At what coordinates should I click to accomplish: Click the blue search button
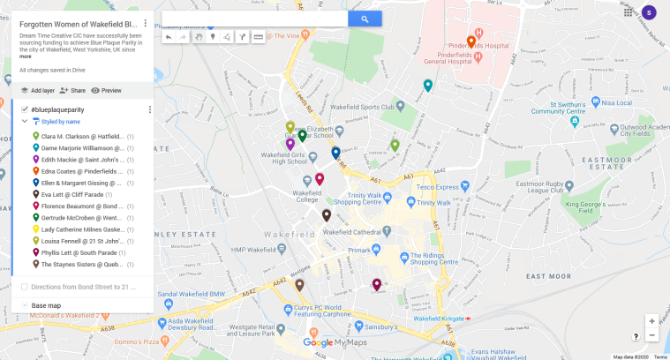365,19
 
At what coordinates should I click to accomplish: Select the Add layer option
38,90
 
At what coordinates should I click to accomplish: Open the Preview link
107,90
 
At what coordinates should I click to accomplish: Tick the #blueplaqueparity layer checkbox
25,109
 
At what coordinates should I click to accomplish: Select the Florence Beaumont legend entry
81,206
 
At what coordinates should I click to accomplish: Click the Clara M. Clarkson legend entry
81,137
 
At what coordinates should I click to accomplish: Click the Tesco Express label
442,186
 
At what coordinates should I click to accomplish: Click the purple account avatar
649,12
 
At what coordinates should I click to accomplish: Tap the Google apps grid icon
628,12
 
